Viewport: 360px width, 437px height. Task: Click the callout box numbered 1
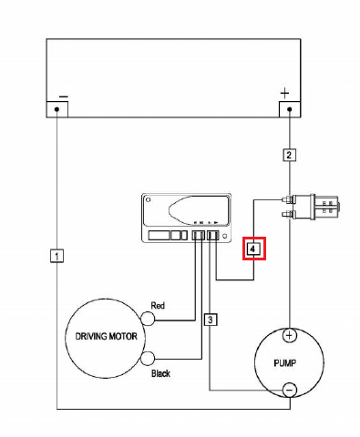click(57, 257)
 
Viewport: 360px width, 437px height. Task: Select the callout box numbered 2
click(289, 154)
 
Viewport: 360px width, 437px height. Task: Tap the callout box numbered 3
click(211, 320)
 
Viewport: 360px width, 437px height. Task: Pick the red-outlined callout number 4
click(254, 248)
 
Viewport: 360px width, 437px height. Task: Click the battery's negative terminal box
click(57, 109)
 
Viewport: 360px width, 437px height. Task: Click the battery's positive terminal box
click(289, 109)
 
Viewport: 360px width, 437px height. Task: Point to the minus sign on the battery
click(63, 94)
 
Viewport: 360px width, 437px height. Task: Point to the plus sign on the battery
click(285, 93)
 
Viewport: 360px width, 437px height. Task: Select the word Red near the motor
click(158, 306)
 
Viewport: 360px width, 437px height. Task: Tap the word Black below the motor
click(159, 374)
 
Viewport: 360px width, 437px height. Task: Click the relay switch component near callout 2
click(324, 206)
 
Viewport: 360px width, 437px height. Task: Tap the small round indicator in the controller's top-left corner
click(149, 199)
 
